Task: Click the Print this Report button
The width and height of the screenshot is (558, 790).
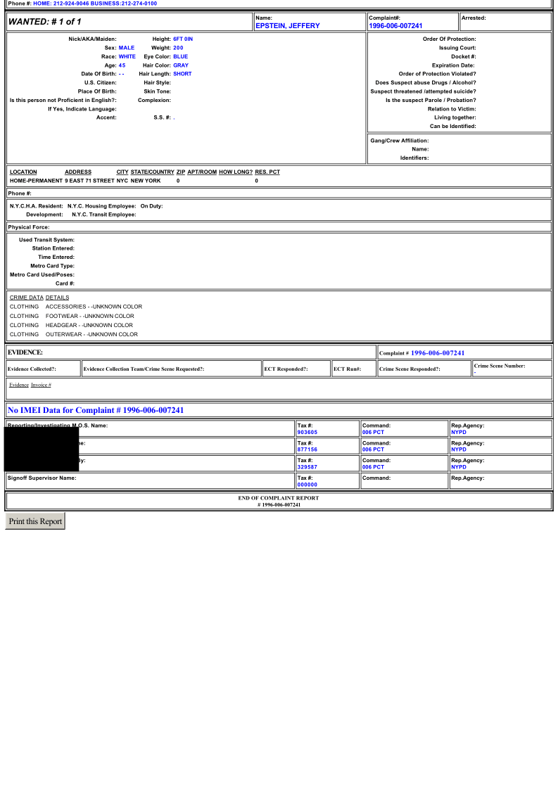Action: click(x=35, y=521)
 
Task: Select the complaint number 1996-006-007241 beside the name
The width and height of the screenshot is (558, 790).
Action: click(x=395, y=26)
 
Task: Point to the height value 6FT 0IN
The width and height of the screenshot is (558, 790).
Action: click(x=183, y=39)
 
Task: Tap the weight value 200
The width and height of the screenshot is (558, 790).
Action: click(x=178, y=48)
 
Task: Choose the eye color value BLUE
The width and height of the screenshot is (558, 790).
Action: click(x=181, y=56)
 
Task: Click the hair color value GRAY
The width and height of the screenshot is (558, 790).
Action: click(x=181, y=65)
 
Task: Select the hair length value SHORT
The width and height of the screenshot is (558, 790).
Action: click(x=182, y=74)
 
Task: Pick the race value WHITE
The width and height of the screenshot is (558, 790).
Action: click(x=127, y=56)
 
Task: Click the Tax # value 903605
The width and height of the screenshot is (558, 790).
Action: click(x=307, y=432)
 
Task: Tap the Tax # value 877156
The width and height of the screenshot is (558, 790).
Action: click(x=307, y=450)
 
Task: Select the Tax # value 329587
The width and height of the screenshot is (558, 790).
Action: click(x=307, y=466)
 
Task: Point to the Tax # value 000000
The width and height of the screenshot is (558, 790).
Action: click(x=307, y=484)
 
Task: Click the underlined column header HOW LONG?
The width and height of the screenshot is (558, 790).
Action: click(x=236, y=172)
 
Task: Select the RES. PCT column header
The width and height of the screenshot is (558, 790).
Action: click(x=267, y=172)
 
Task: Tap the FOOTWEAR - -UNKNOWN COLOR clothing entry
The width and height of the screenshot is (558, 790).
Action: click(x=89, y=316)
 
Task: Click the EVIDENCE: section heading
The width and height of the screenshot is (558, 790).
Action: click(x=25, y=352)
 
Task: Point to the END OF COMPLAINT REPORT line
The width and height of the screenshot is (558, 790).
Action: click(x=279, y=498)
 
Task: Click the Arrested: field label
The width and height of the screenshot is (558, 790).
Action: click(x=474, y=18)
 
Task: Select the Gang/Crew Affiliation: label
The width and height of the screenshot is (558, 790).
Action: click(x=399, y=141)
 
